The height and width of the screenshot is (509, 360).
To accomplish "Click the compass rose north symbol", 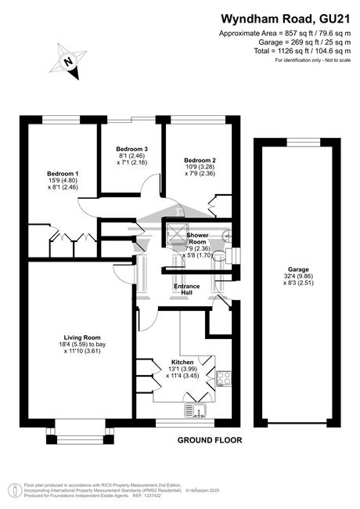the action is tap(68, 61).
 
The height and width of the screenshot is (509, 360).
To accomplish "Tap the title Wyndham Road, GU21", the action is tap(286, 19).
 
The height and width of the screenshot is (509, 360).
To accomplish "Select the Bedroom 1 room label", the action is tap(63, 174).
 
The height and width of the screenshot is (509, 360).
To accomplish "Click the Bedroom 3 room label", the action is tap(132, 149).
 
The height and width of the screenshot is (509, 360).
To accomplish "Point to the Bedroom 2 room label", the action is tap(200, 160).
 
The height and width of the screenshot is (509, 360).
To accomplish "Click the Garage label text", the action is tap(298, 269).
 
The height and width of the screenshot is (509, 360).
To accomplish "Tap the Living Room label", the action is tap(82, 338).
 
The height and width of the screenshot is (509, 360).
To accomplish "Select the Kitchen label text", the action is tap(182, 363).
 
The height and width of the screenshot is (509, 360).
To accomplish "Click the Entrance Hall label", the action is tap(187, 289).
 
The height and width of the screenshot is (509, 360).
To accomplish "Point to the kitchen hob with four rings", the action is tap(224, 378).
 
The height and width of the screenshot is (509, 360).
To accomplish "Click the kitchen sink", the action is tap(196, 410).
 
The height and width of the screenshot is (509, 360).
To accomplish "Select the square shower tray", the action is tap(177, 233).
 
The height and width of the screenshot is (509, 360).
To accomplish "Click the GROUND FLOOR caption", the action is tap(210, 440).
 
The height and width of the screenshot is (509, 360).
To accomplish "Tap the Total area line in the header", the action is tap(302, 51).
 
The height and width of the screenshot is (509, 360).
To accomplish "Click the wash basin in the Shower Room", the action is tap(228, 234).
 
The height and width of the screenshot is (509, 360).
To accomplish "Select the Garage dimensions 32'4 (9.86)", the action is tap(298, 276).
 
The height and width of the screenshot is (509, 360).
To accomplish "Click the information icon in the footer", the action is tap(15, 489).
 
